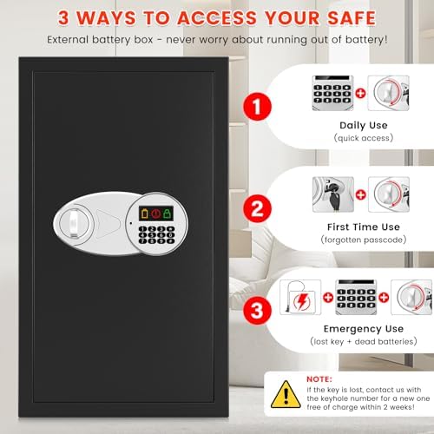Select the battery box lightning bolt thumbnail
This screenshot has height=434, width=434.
pyautogui.click(x=298, y=297)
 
